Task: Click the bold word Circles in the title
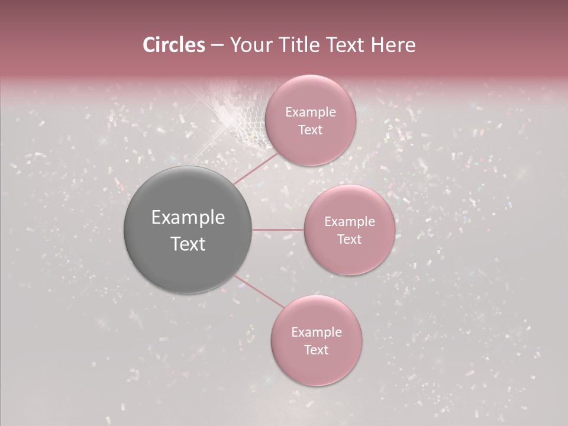tap(173, 45)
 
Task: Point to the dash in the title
tap(217, 46)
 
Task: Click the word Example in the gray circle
tap(188, 218)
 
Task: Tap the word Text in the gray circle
tap(188, 244)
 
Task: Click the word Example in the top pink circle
tap(310, 112)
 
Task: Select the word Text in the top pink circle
tap(310, 130)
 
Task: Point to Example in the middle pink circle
tap(349, 222)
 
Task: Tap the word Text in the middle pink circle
tap(349, 240)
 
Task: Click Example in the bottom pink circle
tap(316, 333)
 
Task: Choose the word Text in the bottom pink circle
tap(316, 350)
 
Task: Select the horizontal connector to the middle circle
tap(278, 230)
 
